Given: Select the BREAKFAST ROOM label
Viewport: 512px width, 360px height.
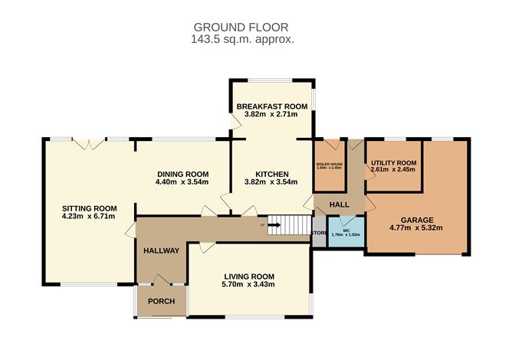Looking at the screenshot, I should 271,106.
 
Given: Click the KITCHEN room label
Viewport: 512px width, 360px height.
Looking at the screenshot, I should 271,173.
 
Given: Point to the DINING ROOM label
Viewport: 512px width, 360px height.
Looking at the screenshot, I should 182,173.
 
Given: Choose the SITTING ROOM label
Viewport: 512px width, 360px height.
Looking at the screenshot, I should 89,208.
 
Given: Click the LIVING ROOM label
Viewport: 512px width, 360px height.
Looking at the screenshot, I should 248,276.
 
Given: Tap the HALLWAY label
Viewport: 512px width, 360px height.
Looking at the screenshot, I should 161,250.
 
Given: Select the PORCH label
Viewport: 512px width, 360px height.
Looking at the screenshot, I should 161,301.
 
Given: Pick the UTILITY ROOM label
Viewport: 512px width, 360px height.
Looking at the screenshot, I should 393,163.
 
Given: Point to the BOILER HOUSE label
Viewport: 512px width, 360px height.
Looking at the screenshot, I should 330,164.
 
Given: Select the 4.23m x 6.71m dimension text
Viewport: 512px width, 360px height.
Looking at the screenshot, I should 89,217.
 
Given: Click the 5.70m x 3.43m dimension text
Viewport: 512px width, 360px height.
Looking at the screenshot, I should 248,285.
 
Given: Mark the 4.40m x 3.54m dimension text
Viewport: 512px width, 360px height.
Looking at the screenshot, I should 182,182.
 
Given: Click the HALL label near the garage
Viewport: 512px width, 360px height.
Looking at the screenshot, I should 339,205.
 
